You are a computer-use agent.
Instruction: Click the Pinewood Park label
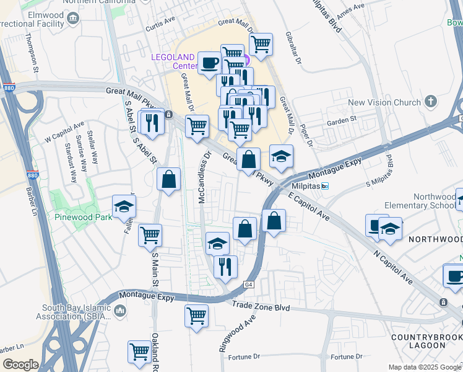coord(83,217)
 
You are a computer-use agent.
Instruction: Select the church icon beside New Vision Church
coord(431,101)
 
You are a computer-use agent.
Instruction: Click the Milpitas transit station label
coord(306,186)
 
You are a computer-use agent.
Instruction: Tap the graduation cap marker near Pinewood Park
coord(124,207)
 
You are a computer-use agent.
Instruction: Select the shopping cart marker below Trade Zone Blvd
coord(196,316)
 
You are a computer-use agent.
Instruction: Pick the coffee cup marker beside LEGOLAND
coord(209,63)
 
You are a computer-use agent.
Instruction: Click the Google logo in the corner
coord(21,364)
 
